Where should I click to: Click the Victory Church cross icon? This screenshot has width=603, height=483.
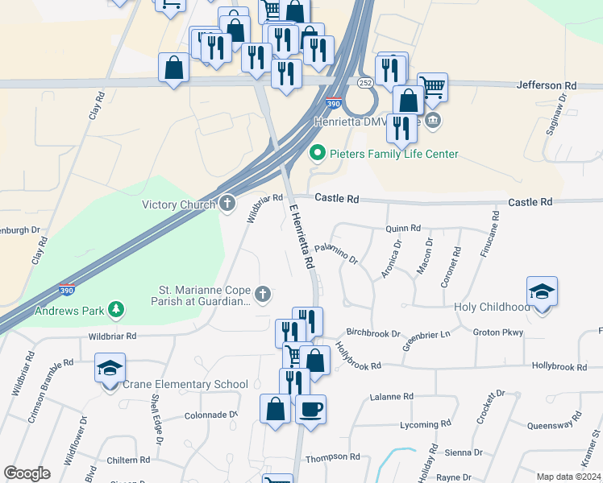(228, 204)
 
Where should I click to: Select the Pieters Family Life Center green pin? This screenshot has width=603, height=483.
(318, 152)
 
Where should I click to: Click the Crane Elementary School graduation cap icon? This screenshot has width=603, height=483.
(109, 368)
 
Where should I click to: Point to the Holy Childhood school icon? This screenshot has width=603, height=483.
(542, 291)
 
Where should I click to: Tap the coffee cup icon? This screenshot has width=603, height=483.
(310, 409)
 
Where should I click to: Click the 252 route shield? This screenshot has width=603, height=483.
(365, 83)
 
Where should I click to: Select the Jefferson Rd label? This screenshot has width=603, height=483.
(547, 85)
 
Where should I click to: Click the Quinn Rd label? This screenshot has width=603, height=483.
(403, 228)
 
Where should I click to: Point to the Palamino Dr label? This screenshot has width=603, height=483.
(336, 252)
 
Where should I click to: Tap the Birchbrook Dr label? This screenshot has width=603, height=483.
(373, 332)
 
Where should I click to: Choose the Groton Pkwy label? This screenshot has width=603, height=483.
(498, 332)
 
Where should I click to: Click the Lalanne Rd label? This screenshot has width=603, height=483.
(391, 396)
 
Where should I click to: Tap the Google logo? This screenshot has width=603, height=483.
(27, 473)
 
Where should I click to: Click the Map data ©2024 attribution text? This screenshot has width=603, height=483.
(568, 477)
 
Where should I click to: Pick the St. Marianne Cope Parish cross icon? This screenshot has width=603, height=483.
(263, 294)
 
